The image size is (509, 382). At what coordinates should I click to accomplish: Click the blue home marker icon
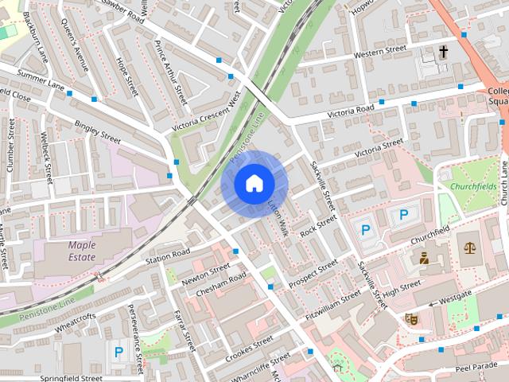pyautogui.click(x=254, y=184)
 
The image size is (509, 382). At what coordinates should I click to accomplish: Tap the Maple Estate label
pyautogui.click(x=82, y=251)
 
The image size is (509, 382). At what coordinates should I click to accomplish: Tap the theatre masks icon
pyautogui.click(x=412, y=318)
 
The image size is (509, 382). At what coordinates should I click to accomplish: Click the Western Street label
pyautogui.click(x=379, y=52)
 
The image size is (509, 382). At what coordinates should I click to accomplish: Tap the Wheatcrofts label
pyautogui.click(x=76, y=322)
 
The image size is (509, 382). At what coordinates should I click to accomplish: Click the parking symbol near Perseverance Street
pyautogui.click(x=119, y=351)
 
